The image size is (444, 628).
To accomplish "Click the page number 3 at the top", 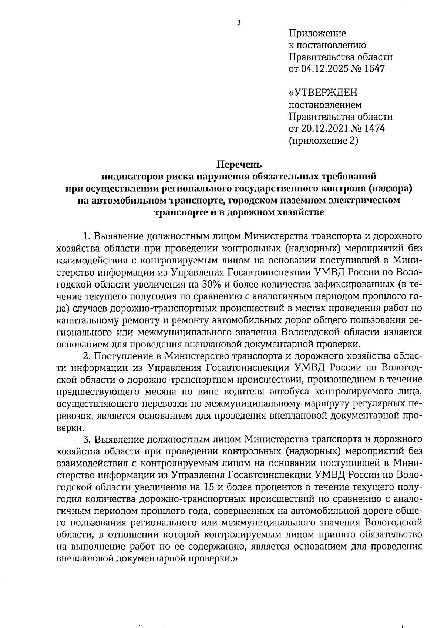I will pos(239,23).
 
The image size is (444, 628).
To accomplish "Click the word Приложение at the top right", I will pos(317,34).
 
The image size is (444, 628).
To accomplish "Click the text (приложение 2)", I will pos(323,141).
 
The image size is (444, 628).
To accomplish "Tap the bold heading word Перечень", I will pos(239,164).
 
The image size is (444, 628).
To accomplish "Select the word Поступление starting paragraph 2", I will pos(124,356).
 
